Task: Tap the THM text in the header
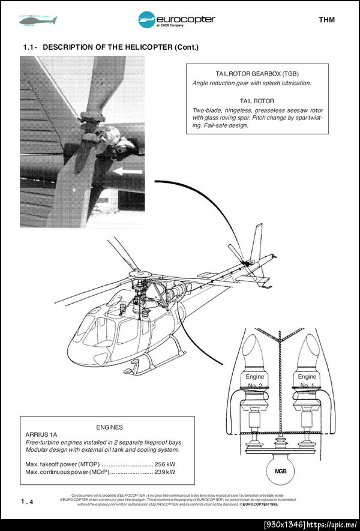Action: click(326, 20)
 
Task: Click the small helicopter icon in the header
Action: click(37, 20)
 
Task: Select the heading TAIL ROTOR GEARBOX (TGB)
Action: click(257, 73)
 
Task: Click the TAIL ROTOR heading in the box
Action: click(257, 101)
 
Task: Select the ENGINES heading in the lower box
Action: click(109, 427)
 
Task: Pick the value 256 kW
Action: click(164, 464)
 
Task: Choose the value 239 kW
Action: click(164, 472)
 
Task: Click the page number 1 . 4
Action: click(27, 501)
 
